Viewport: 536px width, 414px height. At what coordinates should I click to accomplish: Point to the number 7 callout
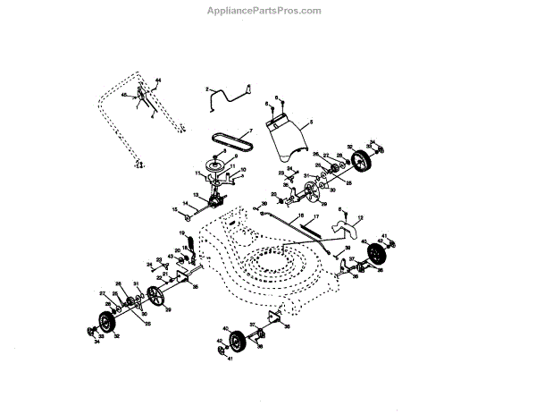251,131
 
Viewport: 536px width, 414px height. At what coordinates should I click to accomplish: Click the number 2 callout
207,89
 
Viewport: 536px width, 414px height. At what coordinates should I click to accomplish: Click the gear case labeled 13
215,200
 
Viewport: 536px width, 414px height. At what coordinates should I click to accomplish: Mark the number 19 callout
181,233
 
